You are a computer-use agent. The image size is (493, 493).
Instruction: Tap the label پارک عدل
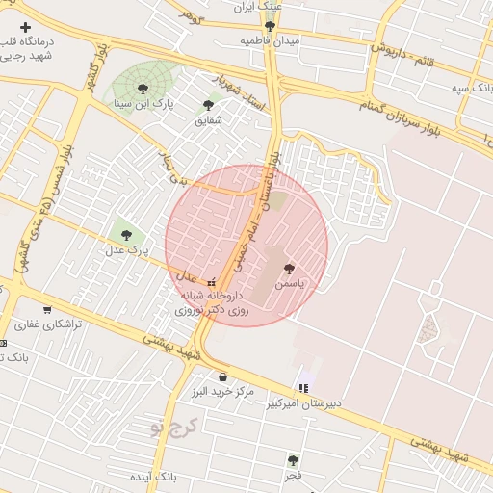pos(127,249)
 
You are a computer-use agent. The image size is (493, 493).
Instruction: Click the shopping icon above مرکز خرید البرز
pos(223,376)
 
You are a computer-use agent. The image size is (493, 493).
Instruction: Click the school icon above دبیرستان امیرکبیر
pos(303,389)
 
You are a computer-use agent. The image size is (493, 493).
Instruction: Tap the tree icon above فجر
pos(293,460)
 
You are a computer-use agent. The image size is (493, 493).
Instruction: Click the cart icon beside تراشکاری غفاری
pos(46,310)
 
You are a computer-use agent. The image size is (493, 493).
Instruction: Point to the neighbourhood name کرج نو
pos(181,425)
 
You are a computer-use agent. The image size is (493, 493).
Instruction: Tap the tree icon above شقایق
pos(208,105)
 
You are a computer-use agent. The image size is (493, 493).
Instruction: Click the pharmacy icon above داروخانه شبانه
pos(211,282)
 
